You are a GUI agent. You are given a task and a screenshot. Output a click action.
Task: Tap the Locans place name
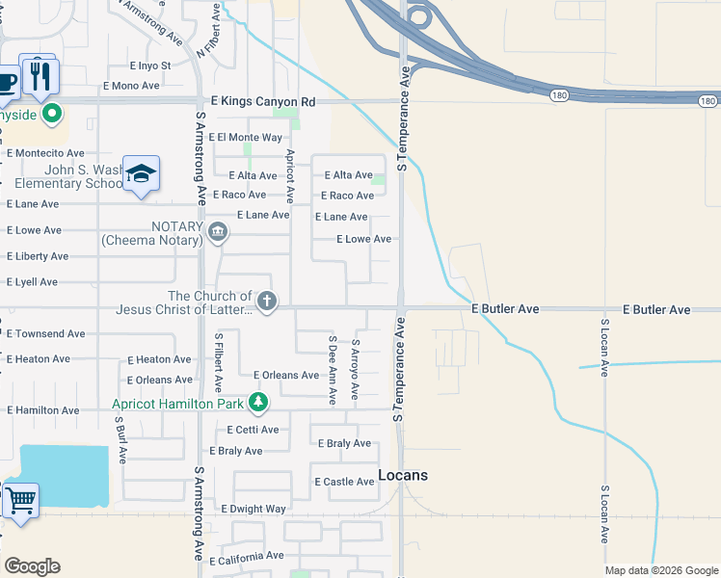pyautogui.click(x=403, y=475)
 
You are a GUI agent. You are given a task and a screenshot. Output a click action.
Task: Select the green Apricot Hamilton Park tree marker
pyautogui.click(x=257, y=402)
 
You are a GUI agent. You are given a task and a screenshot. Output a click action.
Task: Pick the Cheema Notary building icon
pyautogui.click(x=218, y=231)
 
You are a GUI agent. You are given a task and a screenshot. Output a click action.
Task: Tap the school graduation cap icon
pyautogui.click(x=142, y=173)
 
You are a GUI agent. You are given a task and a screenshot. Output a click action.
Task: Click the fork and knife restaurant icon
pyautogui.click(x=40, y=76)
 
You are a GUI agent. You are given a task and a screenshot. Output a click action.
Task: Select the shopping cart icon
pyautogui.click(x=20, y=501)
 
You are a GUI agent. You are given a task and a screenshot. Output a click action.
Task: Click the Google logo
pyautogui.click(x=32, y=566)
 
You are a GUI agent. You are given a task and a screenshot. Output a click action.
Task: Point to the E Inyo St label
pyautogui.click(x=150, y=66)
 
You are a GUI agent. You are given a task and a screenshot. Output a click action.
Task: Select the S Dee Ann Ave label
pyautogui.click(x=332, y=370)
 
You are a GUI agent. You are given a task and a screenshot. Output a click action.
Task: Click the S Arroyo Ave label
pyautogui.click(x=355, y=369)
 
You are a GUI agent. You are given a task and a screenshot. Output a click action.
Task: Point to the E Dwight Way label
pyautogui.click(x=254, y=509)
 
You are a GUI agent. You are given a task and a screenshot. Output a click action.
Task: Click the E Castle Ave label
pyautogui.click(x=344, y=482)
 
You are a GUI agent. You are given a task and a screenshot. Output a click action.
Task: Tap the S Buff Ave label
pyautogui.click(x=120, y=440)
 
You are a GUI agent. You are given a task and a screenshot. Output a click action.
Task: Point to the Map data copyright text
pyautogui.click(x=660, y=570)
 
